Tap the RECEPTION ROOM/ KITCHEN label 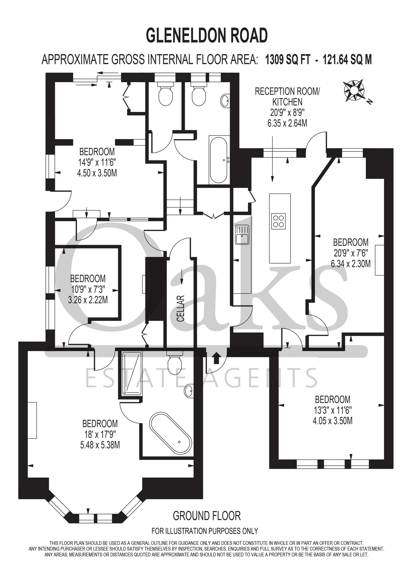pos(287,97)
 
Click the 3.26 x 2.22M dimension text pos(88,300)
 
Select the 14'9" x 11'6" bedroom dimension pos(97,163)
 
